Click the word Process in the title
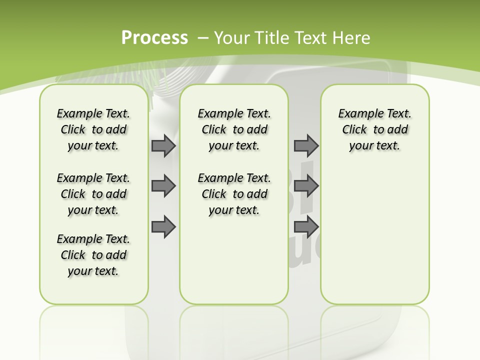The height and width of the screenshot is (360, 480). pyautogui.click(x=154, y=38)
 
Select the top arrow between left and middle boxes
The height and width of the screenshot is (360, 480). pyautogui.click(x=163, y=146)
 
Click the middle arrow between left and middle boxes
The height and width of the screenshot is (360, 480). pyautogui.click(x=163, y=186)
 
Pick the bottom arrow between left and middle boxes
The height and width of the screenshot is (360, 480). pyautogui.click(x=163, y=226)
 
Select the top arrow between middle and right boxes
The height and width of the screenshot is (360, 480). pyautogui.click(x=306, y=146)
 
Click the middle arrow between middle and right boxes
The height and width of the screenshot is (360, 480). pyautogui.click(x=306, y=186)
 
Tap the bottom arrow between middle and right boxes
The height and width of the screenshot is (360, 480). pyautogui.click(x=306, y=226)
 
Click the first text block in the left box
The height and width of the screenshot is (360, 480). pyautogui.click(x=93, y=129)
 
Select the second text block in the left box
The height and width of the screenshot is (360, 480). pyautogui.click(x=93, y=194)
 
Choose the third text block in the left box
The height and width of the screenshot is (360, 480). pyautogui.click(x=93, y=255)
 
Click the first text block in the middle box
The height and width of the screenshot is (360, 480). pyautogui.click(x=234, y=129)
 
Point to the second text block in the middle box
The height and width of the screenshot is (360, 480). pyautogui.click(x=234, y=194)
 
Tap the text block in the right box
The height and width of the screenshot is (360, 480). pyautogui.click(x=374, y=129)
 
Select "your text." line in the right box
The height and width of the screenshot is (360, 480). pyautogui.click(x=374, y=145)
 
